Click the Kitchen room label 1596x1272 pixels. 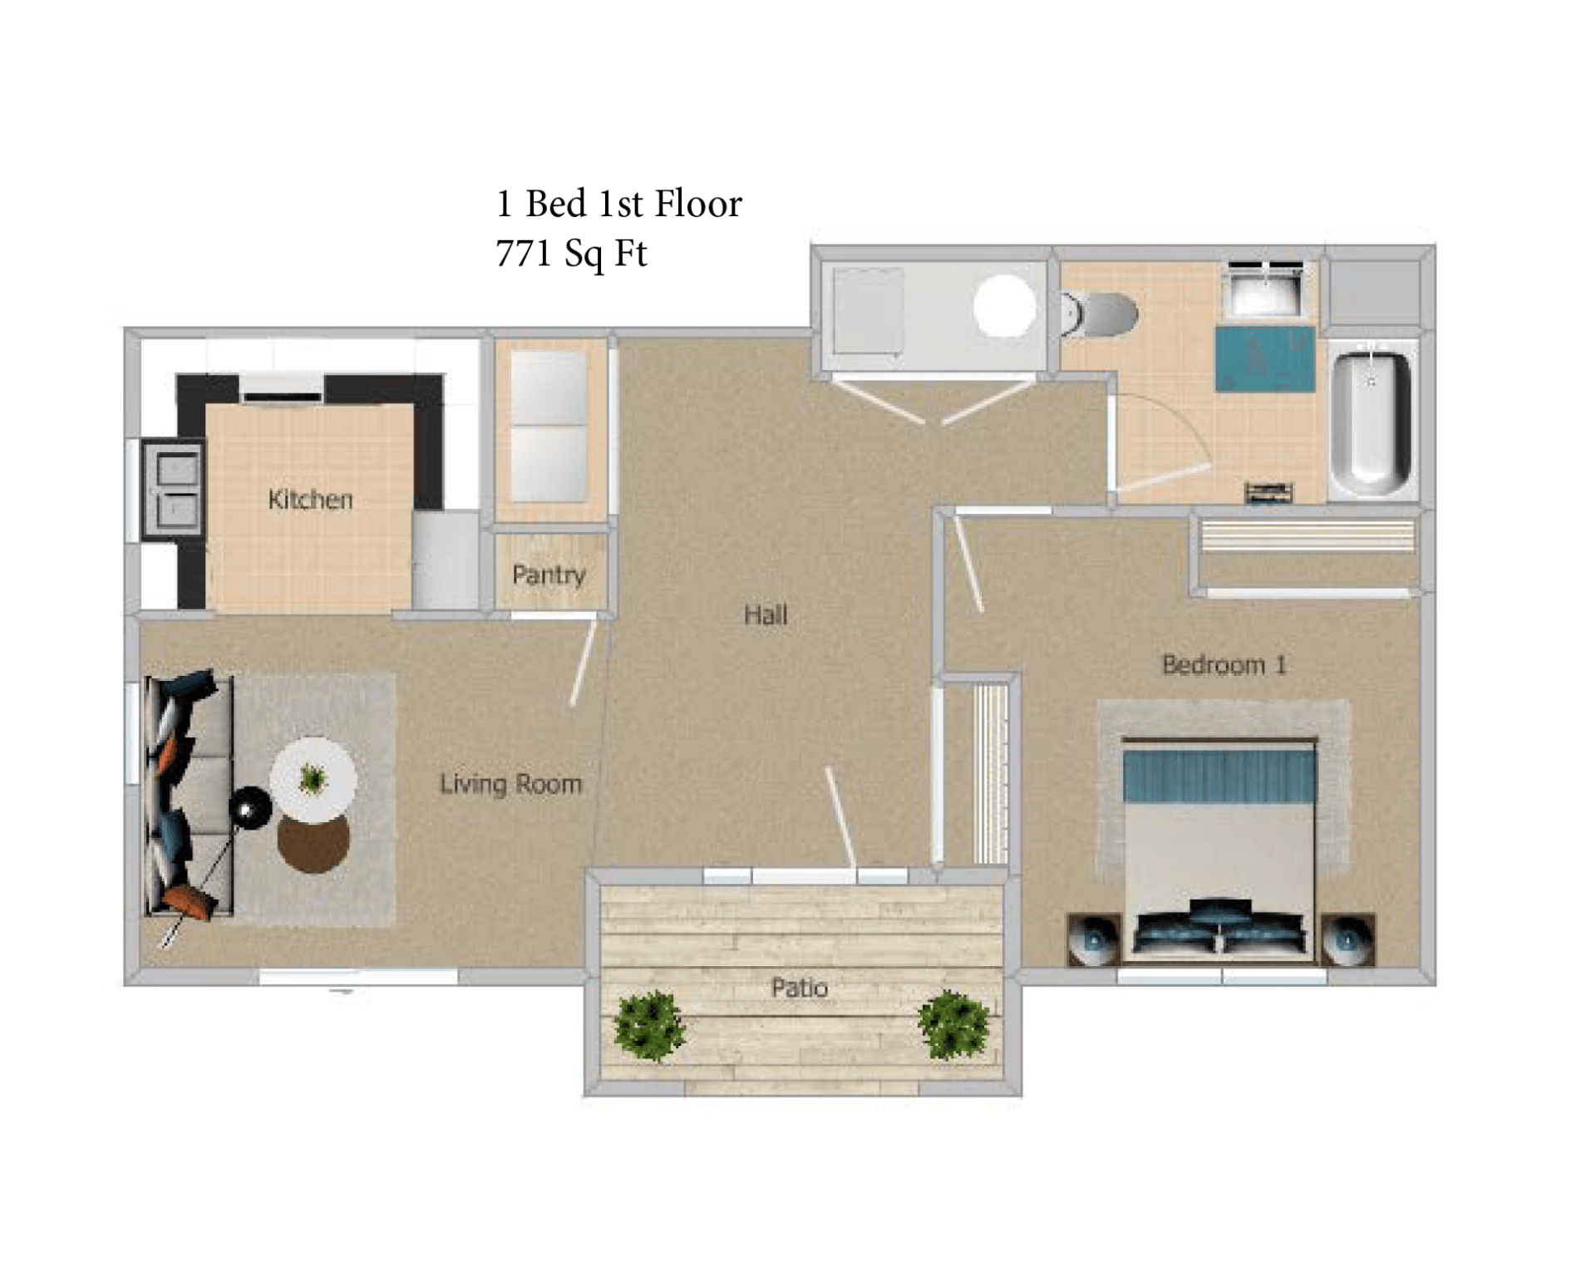click(x=310, y=500)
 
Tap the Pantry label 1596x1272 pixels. click(x=549, y=574)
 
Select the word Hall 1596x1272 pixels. click(x=765, y=615)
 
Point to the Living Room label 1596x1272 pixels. click(x=510, y=784)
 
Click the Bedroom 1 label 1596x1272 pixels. click(x=1224, y=665)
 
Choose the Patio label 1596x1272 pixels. click(x=800, y=988)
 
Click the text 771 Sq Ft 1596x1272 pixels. click(x=571, y=254)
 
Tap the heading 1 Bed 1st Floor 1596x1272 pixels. click(x=618, y=204)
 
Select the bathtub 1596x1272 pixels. click(x=1372, y=420)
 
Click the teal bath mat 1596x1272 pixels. click(x=1265, y=359)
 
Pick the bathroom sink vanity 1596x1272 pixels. click(x=1265, y=289)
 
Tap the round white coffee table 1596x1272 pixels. click(x=313, y=779)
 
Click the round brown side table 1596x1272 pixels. click(x=313, y=844)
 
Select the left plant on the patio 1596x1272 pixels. click(x=649, y=1025)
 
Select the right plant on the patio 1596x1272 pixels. click(x=953, y=1025)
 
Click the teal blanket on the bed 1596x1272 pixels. click(x=1219, y=776)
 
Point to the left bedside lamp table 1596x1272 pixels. click(x=1094, y=939)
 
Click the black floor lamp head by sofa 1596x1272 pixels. click(x=250, y=806)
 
